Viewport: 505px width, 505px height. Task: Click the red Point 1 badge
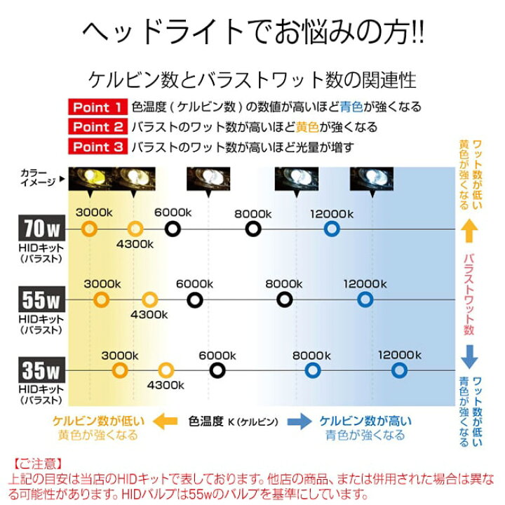[98, 107]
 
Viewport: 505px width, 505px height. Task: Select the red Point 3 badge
[98, 147]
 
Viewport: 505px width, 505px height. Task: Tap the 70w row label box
[42, 228]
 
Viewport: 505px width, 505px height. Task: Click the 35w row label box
[42, 370]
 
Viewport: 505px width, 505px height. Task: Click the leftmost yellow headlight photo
[90, 179]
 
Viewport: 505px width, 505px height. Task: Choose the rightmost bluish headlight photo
[372, 179]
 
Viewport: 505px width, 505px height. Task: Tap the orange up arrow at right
[469, 231]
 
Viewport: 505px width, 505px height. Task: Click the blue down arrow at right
[469, 357]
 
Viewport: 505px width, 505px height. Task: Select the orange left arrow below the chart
[166, 422]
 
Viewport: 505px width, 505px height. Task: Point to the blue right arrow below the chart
[299, 422]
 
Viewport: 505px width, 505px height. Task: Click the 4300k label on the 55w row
[149, 315]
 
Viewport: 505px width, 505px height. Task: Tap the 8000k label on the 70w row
[253, 214]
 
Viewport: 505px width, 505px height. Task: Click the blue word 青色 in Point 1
[351, 107]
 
